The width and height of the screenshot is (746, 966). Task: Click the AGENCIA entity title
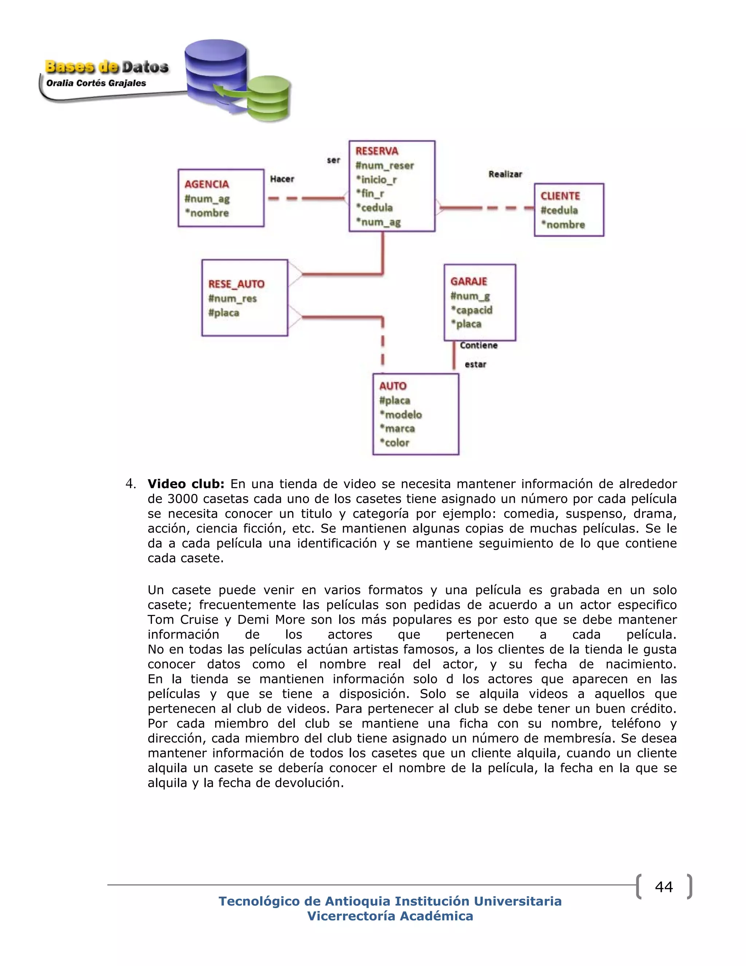207,184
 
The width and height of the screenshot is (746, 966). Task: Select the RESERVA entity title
377,151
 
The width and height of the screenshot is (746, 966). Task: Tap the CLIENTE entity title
560,196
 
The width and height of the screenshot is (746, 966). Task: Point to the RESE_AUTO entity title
236,284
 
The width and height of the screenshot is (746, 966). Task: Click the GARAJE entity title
468,281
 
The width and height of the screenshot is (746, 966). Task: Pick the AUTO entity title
392,386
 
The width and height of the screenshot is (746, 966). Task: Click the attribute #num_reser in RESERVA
385,166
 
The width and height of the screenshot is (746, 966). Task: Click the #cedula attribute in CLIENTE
559,211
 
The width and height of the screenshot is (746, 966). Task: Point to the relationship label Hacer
282,179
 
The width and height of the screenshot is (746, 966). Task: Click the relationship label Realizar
505,174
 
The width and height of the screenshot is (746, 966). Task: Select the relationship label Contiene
479,346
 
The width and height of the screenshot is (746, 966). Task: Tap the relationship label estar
475,365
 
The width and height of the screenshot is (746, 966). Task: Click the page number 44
663,887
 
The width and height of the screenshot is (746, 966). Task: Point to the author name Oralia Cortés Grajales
96,83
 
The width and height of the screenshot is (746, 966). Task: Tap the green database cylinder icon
269,100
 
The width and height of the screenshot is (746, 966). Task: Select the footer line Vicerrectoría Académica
390,916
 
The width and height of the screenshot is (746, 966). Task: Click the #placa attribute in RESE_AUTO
224,313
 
